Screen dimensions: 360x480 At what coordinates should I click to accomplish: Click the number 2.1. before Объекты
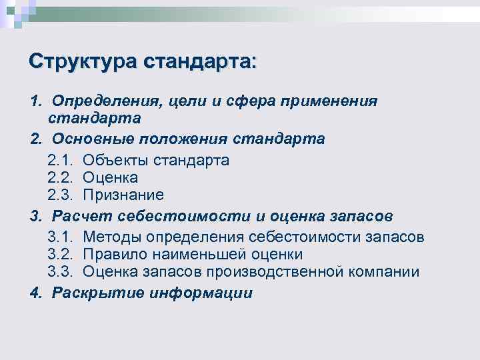click(x=62, y=161)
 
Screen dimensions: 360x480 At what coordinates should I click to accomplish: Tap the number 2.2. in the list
click(x=62, y=178)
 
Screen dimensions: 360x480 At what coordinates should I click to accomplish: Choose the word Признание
click(x=123, y=195)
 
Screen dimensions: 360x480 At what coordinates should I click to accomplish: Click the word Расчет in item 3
click(x=81, y=217)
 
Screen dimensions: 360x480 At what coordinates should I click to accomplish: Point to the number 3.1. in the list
click(x=62, y=238)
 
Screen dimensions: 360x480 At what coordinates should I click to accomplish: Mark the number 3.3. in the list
click(x=62, y=272)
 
